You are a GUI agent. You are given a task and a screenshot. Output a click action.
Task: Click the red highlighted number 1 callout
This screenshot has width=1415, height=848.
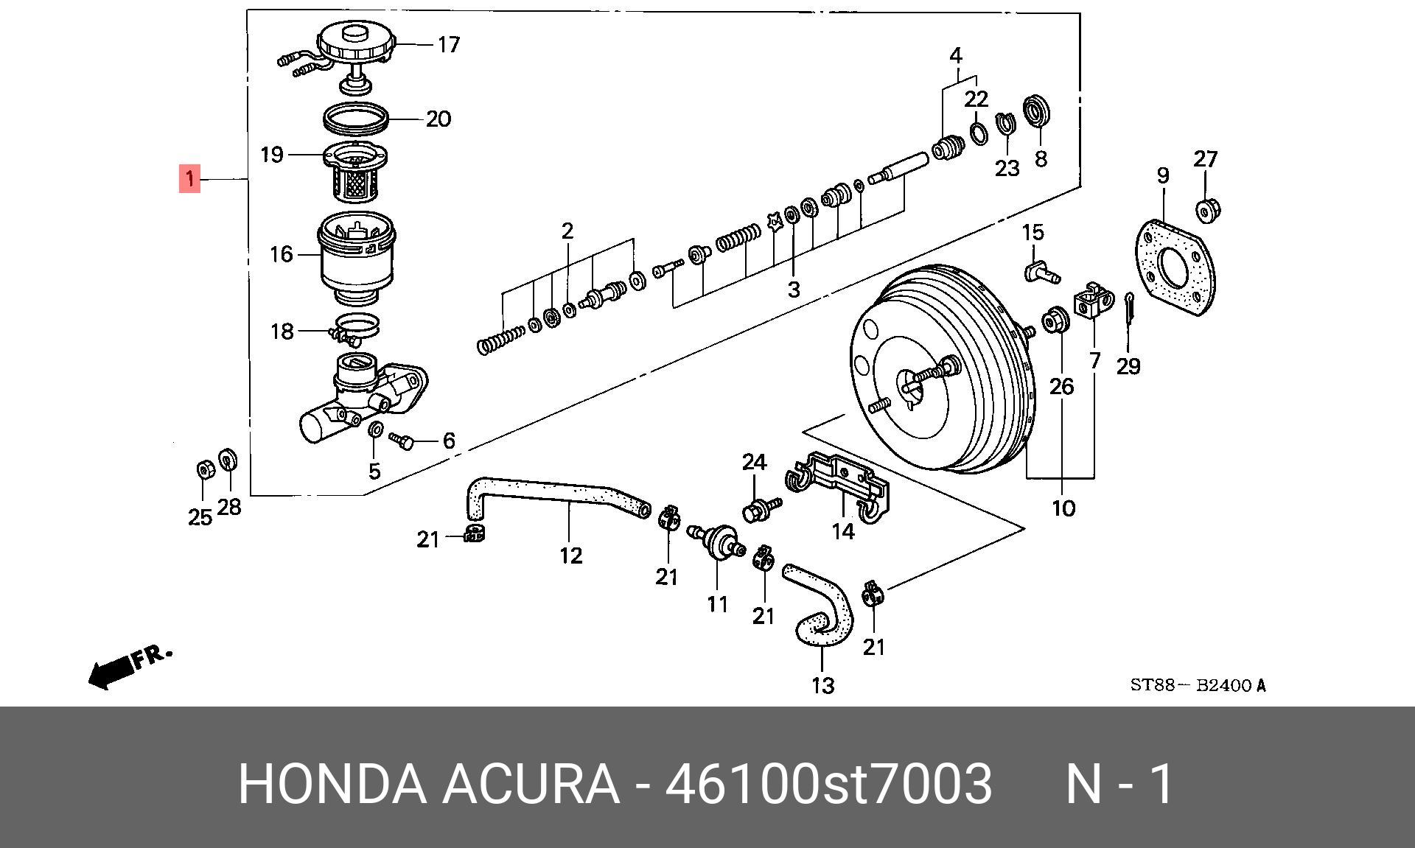pyautogui.click(x=189, y=179)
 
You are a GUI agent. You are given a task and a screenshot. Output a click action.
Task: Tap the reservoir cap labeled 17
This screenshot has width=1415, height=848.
pyautogui.click(x=355, y=44)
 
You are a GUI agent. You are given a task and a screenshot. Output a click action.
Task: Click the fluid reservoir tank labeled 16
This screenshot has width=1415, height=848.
pyautogui.click(x=357, y=258)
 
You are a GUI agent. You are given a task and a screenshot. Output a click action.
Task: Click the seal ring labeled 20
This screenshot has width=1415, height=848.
pyautogui.click(x=356, y=118)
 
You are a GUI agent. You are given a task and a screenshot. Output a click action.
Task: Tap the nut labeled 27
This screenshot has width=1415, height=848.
pyautogui.click(x=1207, y=211)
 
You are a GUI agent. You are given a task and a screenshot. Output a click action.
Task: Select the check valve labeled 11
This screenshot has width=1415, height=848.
pyautogui.click(x=717, y=541)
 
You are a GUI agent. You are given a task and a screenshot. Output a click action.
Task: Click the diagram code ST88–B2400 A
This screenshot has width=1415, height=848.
pyautogui.click(x=1198, y=686)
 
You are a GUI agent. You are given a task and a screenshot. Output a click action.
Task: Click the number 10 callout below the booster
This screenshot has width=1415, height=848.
pyautogui.click(x=1063, y=508)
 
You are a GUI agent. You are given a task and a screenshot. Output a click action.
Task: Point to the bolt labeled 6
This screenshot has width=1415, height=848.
pyautogui.click(x=402, y=441)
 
